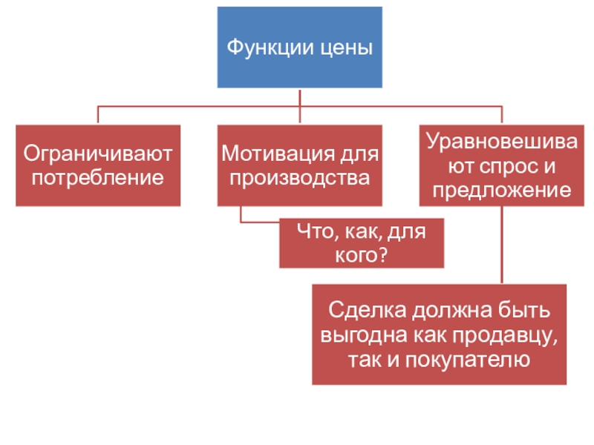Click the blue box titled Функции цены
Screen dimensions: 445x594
tap(299, 47)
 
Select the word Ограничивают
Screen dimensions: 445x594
tap(98, 155)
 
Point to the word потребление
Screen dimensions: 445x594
tap(98, 178)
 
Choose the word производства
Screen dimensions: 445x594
tap(299, 178)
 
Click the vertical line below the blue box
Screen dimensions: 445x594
tap(299, 97)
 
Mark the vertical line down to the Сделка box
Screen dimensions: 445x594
tap(502, 245)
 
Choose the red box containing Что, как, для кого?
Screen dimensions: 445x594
tap(361, 243)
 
